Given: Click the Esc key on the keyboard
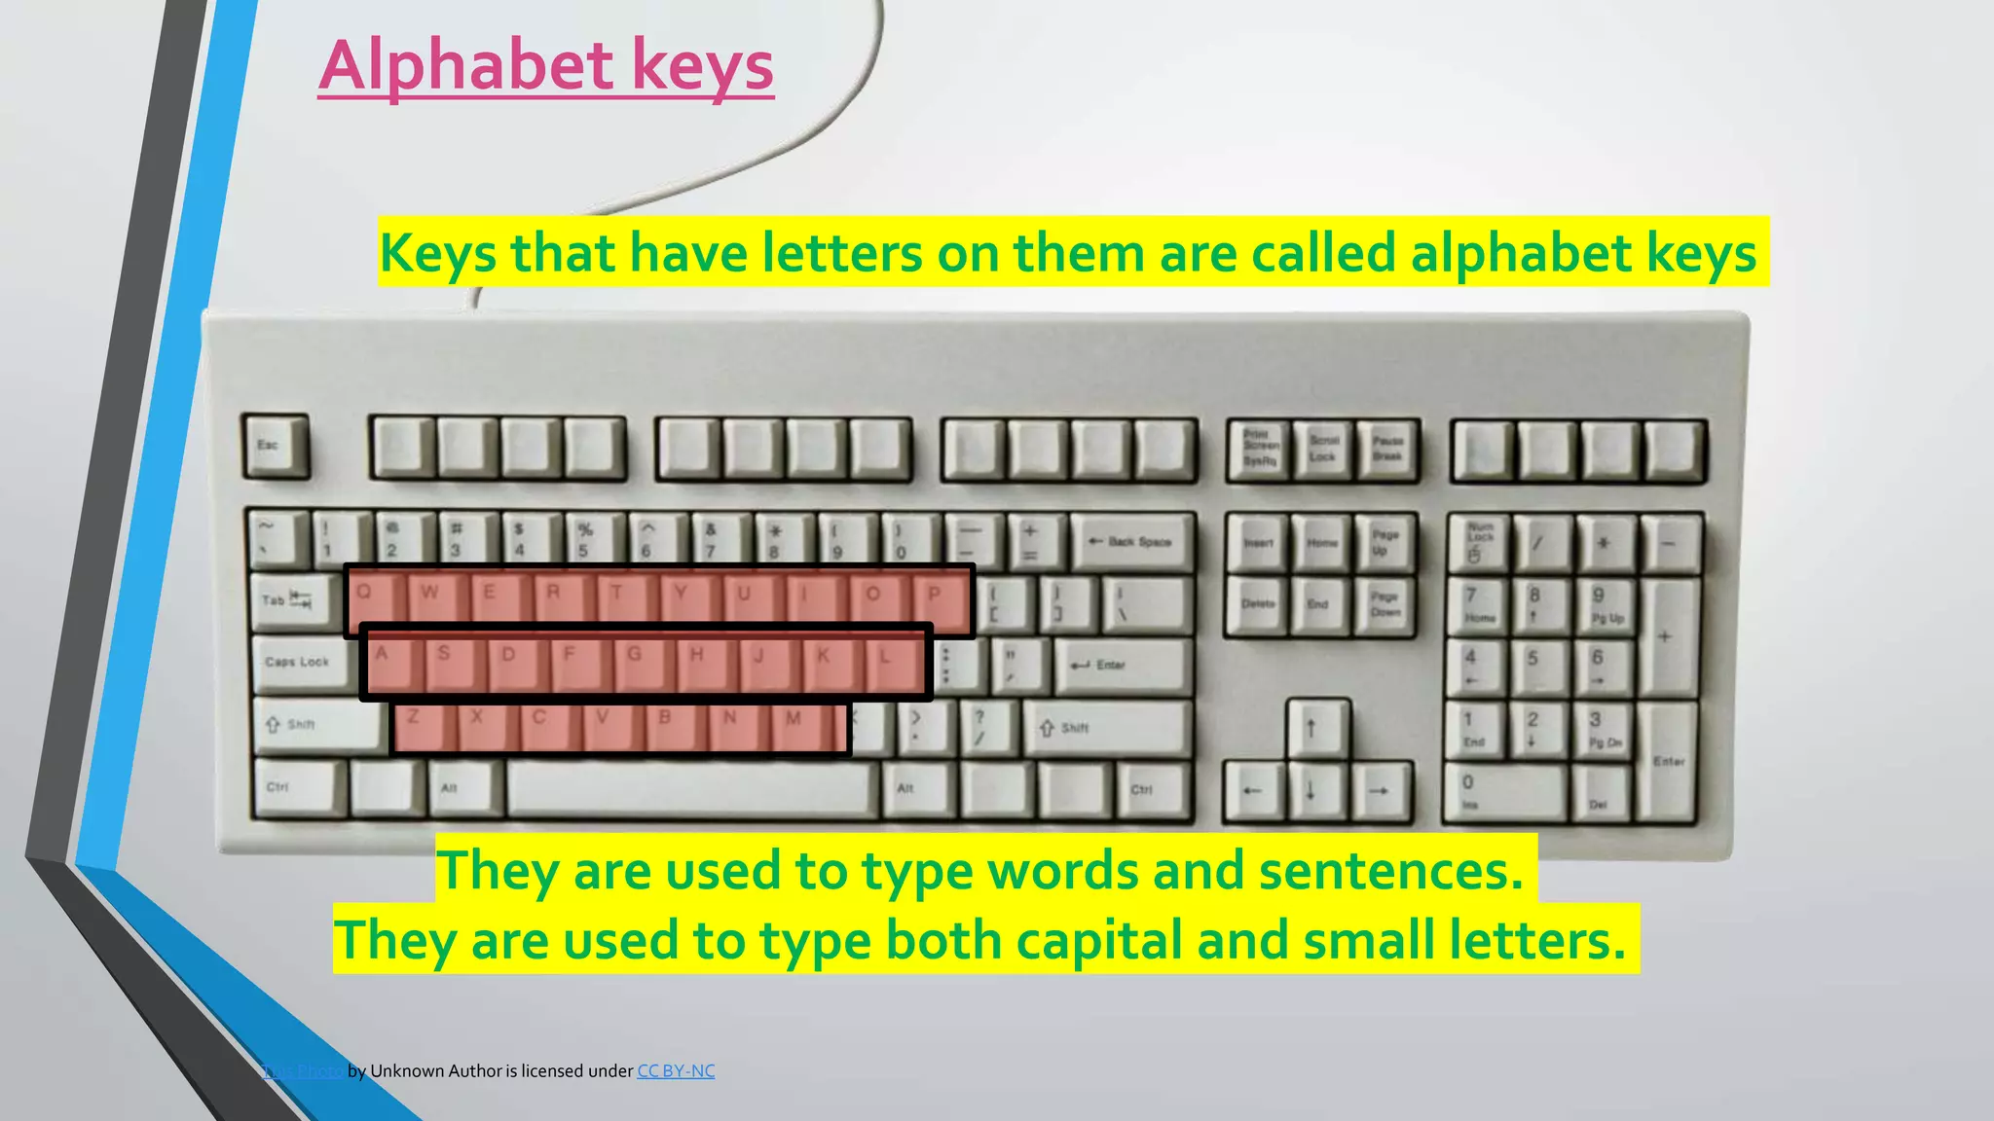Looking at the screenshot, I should pyautogui.click(x=275, y=447).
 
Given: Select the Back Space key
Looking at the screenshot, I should pyautogui.click(x=1132, y=543).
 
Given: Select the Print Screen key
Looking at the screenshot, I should pyautogui.click(x=1259, y=450).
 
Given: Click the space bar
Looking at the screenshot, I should pyautogui.click(x=691, y=788).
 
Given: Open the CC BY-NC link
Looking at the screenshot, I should pyautogui.click(x=676, y=1071).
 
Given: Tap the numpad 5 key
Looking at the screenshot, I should pyautogui.click(x=1537, y=665).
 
